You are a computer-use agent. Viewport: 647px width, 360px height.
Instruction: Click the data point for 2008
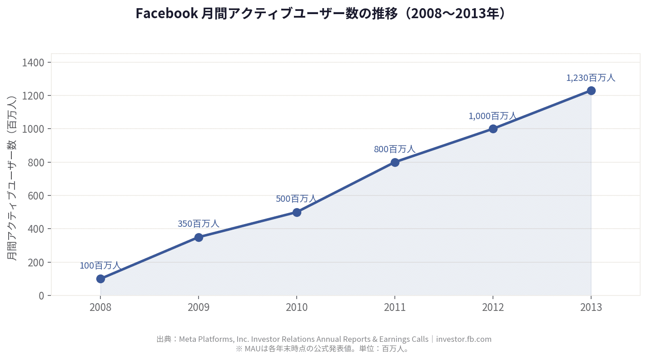(x=100, y=279)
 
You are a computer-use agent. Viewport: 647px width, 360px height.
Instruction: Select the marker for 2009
(x=199, y=237)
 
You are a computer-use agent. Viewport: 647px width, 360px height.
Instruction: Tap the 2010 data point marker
(x=297, y=212)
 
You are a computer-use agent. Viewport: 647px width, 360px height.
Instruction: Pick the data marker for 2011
(x=395, y=162)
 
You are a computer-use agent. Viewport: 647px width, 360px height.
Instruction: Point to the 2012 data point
(x=493, y=129)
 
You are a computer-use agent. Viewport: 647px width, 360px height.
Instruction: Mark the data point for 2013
(x=591, y=90)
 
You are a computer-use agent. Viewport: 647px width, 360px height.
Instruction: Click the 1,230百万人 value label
(x=591, y=78)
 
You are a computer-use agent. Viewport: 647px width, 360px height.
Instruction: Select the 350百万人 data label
(x=199, y=224)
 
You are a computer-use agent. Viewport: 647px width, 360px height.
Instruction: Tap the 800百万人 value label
(x=395, y=149)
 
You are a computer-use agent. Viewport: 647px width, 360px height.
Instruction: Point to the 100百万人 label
(x=100, y=265)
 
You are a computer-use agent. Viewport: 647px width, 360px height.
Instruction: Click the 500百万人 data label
(x=296, y=199)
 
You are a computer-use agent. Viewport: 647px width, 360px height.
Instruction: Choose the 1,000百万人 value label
(x=493, y=116)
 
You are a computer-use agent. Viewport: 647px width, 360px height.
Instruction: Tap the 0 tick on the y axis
(x=42, y=295)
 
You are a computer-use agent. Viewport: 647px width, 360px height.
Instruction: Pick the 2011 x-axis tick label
(x=395, y=307)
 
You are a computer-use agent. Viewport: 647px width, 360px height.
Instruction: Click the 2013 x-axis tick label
(x=591, y=307)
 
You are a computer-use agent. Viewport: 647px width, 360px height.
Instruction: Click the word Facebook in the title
(x=166, y=14)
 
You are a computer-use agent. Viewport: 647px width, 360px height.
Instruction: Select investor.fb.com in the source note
(x=464, y=339)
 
